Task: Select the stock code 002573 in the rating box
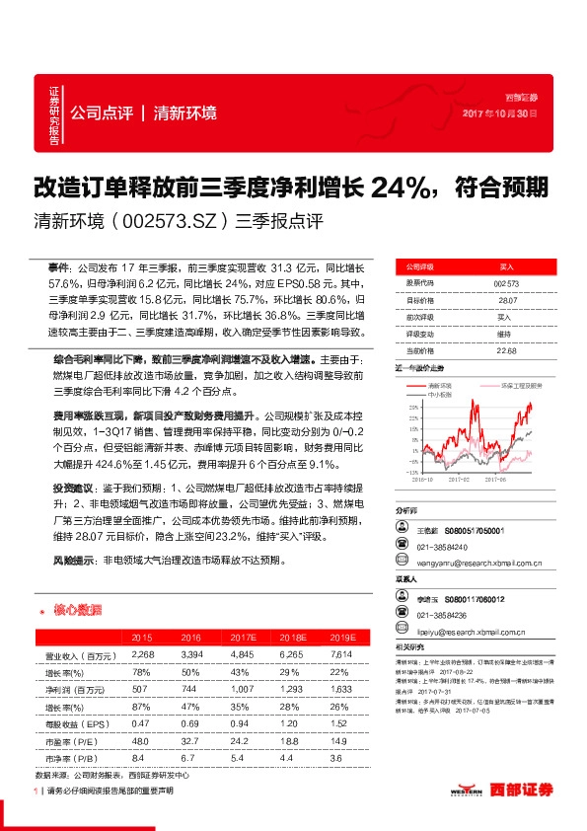click(505, 283)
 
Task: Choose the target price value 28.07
click(505, 300)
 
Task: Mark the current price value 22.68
click(505, 350)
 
